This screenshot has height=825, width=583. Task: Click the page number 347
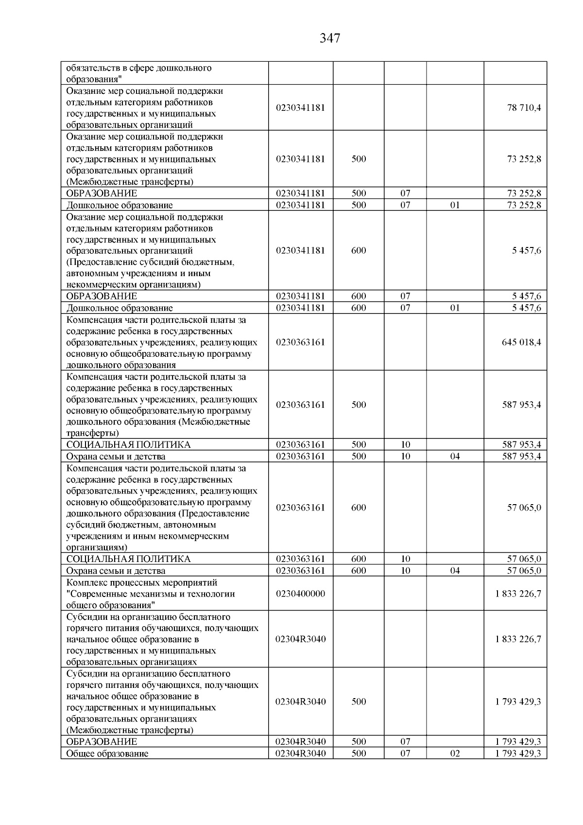pos(330,38)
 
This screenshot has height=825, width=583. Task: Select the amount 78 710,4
pos(524,107)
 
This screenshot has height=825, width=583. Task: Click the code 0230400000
pos(300,594)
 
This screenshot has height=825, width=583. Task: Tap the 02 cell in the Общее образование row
pos(455,754)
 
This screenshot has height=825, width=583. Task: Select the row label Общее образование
pos(107,754)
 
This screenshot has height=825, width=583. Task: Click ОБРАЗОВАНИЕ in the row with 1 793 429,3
pos(102,742)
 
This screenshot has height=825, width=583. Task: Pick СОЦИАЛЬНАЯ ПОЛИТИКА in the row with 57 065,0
pos(128,559)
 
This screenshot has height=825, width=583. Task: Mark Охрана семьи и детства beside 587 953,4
pos(116,456)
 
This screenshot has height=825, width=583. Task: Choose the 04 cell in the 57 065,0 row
pos(455,571)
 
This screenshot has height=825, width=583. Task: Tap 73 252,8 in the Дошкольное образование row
pos(524,205)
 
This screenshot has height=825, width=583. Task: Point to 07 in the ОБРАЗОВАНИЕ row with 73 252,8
pos(405,193)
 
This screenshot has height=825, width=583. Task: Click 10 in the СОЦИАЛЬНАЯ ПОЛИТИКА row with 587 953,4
pos(405,444)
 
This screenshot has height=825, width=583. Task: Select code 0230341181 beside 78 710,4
pos(300,107)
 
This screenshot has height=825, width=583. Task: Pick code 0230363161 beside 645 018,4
pos(300,342)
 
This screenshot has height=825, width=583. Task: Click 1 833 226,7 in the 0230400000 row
pos(518,594)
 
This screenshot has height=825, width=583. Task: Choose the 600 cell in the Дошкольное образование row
pos(359,308)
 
